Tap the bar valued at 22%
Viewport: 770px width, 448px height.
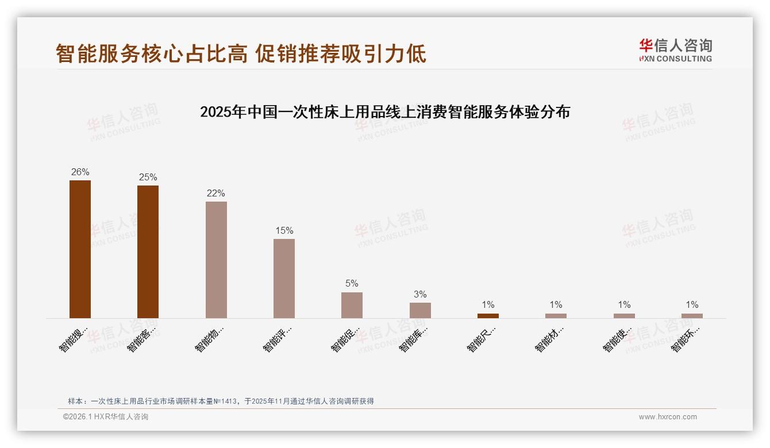click(216, 260)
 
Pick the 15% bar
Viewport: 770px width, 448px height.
click(284, 278)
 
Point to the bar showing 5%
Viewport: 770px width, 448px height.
click(352, 305)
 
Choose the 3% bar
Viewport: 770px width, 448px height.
click(420, 310)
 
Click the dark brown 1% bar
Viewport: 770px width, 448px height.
click(488, 315)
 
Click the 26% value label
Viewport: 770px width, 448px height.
click(80, 172)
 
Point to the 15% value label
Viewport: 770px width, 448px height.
click(284, 231)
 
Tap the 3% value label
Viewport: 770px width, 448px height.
click(420, 295)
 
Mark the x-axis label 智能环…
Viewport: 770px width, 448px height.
click(686, 339)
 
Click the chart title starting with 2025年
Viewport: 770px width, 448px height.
click(385, 112)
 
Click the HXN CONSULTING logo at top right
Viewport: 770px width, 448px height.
click(675, 51)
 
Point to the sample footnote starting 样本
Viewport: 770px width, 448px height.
click(221, 401)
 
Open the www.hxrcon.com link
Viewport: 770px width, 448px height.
click(668, 417)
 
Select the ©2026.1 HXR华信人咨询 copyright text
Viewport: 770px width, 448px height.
click(106, 417)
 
